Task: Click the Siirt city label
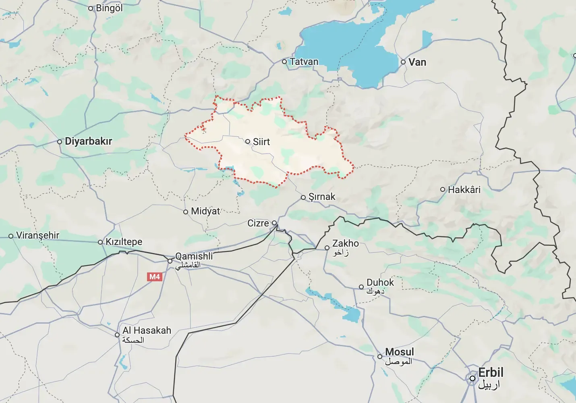point(261,142)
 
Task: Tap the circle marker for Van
point(403,62)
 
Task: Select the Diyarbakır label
point(88,141)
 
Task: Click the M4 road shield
point(155,276)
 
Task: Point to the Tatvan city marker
point(284,62)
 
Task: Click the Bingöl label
point(109,8)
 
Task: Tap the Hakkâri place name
point(464,189)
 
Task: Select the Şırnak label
point(321,197)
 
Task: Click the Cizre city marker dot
point(274,223)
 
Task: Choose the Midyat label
point(205,211)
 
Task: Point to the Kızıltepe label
point(124,242)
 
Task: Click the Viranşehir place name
point(37,235)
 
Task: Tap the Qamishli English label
point(194,256)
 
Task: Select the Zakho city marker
point(327,248)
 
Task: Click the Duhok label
point(380,283)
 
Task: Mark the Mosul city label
point(399,352)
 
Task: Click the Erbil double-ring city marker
point(472,378)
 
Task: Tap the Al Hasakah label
point(147,330)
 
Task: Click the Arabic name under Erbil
point(489,385)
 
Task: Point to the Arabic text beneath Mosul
point(398,361)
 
